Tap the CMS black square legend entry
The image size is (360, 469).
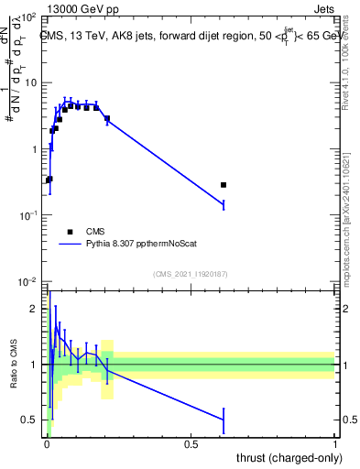pos(71,232)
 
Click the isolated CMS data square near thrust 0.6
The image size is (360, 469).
pos(224,185)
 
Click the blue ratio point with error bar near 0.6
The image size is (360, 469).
pos(224,420)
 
